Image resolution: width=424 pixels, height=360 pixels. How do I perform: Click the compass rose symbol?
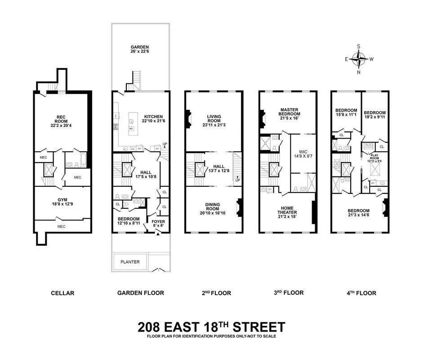pos(358,58)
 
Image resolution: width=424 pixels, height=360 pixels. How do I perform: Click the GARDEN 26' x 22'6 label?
pos(139,50)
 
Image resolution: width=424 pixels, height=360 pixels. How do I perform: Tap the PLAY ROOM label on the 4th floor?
pos(375,158)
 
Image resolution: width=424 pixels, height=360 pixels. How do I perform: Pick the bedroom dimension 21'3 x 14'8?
pos(358,216)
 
